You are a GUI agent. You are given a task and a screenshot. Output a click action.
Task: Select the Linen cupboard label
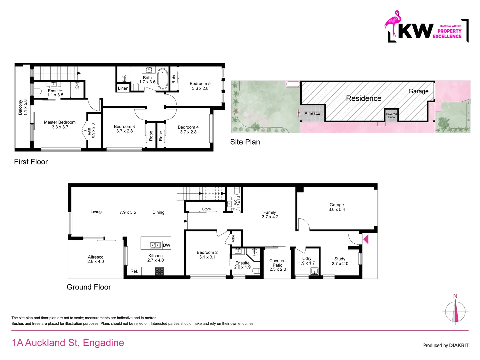point(123,88)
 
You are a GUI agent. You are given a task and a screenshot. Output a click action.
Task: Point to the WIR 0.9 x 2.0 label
point(91,131)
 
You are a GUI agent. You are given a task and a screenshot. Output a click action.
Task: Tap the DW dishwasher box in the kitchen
point(166,245)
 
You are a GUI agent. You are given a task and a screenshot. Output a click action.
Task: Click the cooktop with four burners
point(159,271)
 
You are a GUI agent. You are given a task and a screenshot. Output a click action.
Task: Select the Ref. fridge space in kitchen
point(134,271)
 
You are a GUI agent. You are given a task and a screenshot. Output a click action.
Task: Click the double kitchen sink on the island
point(155,245)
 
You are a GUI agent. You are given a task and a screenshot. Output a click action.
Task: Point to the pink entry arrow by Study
point(366,239)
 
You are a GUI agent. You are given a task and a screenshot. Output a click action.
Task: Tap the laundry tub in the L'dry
point(314,271)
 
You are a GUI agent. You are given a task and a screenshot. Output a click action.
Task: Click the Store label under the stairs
point(206,209)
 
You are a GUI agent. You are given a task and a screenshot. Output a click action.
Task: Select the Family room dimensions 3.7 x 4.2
point(270,217)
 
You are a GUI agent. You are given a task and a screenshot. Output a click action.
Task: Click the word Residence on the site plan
point(363,98)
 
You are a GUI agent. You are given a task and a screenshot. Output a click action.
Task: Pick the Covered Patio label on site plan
point(391,115)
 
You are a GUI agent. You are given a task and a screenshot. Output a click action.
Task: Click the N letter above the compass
point(455,296)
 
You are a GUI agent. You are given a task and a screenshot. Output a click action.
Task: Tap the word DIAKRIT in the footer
point(459,345)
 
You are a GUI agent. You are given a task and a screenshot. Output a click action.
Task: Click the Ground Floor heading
point(89,287)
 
